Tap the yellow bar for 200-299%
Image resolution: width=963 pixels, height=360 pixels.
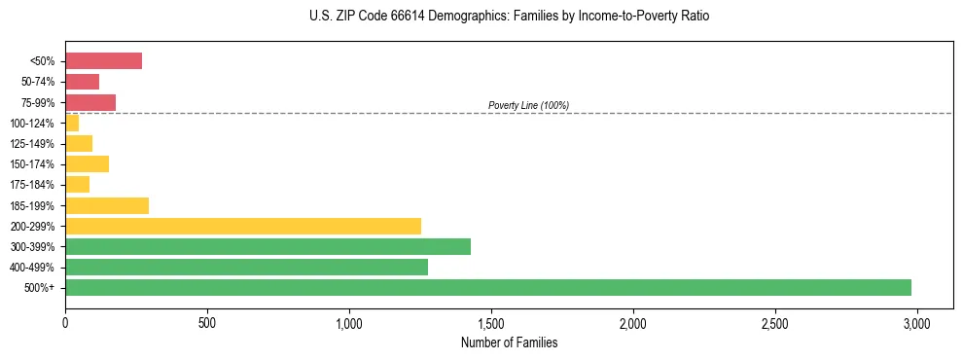[243, 226]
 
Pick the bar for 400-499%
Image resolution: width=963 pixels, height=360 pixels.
[246, 267]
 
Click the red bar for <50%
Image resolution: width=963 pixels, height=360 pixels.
[103, 61]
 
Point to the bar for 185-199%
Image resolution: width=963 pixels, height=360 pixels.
[107, 205]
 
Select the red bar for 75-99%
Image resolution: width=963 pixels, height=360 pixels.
[90, 102]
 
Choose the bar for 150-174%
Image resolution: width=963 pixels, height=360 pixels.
[87, 164]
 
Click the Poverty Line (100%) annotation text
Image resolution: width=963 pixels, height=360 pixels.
[528, 105]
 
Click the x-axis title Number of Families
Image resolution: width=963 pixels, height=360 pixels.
[509, 342]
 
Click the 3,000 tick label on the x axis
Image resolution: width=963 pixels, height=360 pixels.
[916, 322]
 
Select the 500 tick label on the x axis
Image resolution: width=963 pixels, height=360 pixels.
[207, 322]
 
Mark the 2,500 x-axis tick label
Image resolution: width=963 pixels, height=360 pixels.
[774, 322]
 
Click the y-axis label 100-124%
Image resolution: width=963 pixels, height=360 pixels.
[32, 124]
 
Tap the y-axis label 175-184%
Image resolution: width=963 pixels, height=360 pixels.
[32, 185]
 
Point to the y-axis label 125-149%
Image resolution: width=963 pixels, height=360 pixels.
[32, 144]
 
